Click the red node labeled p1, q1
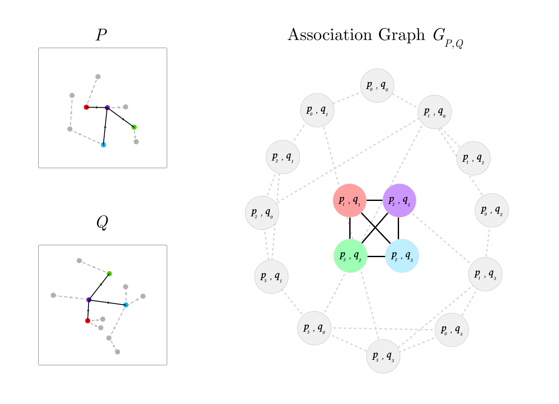coord(349,201)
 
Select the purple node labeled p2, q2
coord(399,201)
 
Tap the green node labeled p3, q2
coord(351,256)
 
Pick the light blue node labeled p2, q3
coord(402,256)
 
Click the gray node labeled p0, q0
coord(377,86)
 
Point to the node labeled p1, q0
coord(434,112)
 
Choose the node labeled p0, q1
coord(317,110)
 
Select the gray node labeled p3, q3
coord(383,356)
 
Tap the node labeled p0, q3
coord(451,330)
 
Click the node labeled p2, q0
coord(262,213)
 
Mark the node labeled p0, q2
coord(491,210)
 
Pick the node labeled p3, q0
coord(314,328)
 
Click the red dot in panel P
coord(86,107)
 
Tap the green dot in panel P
coord(134,127)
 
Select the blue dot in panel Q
coord(125,305)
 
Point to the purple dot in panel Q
coord(89,300)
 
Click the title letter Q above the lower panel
coord(102,223)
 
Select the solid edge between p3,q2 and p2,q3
coord(376,256)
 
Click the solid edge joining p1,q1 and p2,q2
coord(374,201)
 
